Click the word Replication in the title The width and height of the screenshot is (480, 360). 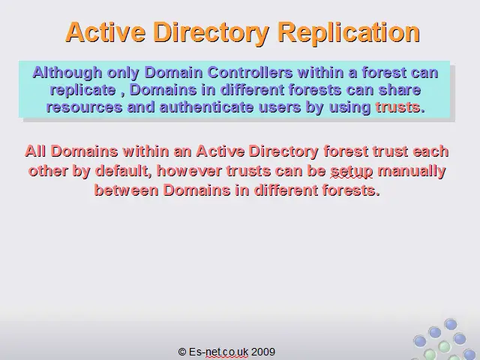point(349,33)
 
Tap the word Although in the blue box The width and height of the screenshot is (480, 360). point(67,73)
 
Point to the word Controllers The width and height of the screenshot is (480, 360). point(250,73)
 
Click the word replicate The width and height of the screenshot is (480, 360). point(83,90)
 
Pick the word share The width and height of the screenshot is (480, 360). point(400,90)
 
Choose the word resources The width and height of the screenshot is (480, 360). point(84,107)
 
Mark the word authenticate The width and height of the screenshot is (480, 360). point(207,107)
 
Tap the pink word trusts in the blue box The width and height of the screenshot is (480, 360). point(397,107)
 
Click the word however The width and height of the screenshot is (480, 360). point(189,171)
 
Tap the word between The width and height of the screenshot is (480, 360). point(127,190)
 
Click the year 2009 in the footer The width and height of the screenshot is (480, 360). point(263,352)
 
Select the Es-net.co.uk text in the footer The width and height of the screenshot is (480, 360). point(218,352)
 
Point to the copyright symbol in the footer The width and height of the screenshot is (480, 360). point(181,352)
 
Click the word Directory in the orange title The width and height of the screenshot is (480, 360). point(211,33)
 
